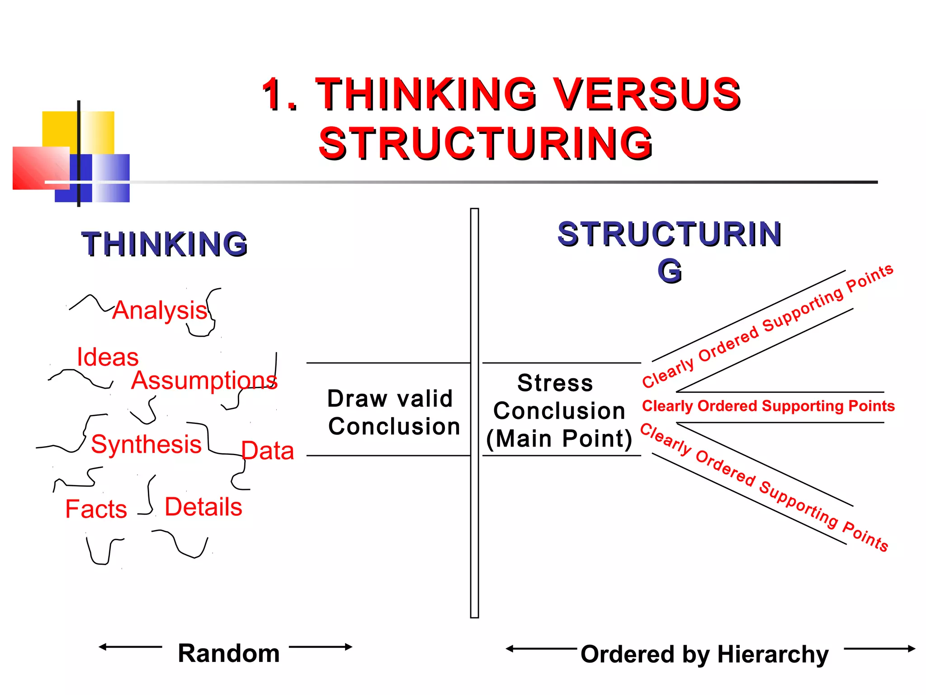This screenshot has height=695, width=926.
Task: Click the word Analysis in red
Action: pos(160,310)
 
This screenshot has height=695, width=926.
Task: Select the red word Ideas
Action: pos(108,357)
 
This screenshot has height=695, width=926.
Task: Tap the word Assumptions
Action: pos(204,381)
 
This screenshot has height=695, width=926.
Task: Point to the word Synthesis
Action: pos(146,444)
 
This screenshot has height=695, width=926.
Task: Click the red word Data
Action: pos(268,451)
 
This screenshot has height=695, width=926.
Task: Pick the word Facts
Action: pos(96,509)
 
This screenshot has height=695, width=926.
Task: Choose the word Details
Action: pos(203,507)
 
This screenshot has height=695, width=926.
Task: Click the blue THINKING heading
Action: pos(165,244)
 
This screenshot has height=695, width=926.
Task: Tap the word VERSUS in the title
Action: pos(647,94)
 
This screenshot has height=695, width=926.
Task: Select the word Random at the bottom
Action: pos(229,653)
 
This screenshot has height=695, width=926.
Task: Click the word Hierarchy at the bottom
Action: pos(773,655)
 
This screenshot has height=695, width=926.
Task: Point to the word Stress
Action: pos(555,383)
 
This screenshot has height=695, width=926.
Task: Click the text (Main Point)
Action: pos(559,439)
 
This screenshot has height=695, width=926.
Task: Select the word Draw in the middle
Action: pos(357,399)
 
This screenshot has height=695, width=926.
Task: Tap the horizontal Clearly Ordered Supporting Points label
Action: pos(768,406)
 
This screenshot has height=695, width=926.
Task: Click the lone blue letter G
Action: pos(670,271)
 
